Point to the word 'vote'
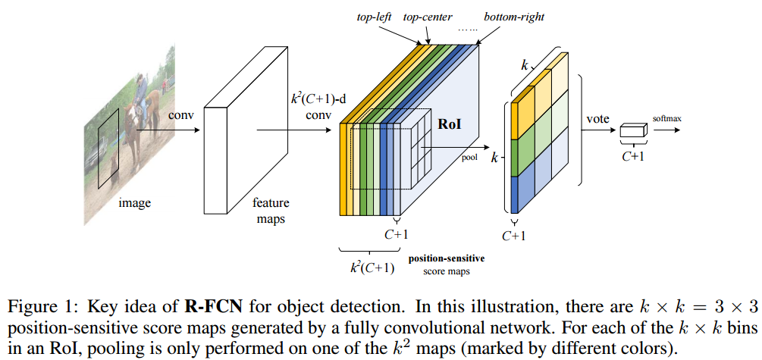click(598, 118)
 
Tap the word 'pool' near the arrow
click(470, 158)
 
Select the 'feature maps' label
click(271, 211)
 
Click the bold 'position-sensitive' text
click(447, 258)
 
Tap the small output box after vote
click(632, 132)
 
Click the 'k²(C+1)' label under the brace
click(372, 266)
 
